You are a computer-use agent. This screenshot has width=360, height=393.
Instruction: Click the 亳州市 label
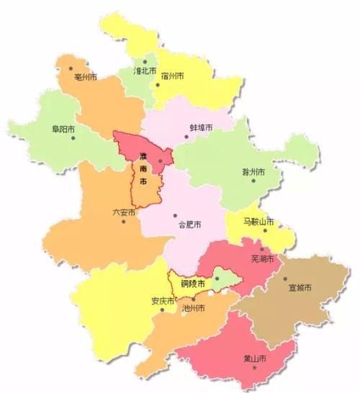click(x=86, y=76)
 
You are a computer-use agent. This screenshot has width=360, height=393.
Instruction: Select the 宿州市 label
click(x=173, y=76)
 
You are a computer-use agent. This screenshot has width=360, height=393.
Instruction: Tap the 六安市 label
click(x=123, y=212)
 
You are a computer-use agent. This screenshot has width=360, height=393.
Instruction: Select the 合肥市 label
click(x=189, y=225)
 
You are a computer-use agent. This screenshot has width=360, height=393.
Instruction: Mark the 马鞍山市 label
click(x=258, y=222)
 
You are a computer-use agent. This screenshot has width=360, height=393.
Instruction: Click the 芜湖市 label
click(x=261, y=259)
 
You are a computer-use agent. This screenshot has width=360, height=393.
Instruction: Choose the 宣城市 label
click(x=299, y=288)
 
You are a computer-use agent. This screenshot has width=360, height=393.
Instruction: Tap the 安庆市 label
click(x=162, y=302)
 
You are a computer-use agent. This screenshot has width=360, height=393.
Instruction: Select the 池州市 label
click(x=194, y=308)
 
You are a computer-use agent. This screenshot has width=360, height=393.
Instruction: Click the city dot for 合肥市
click(x=175, y=215)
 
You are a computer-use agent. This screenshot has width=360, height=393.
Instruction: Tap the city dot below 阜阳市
click(x=73, y=138)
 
